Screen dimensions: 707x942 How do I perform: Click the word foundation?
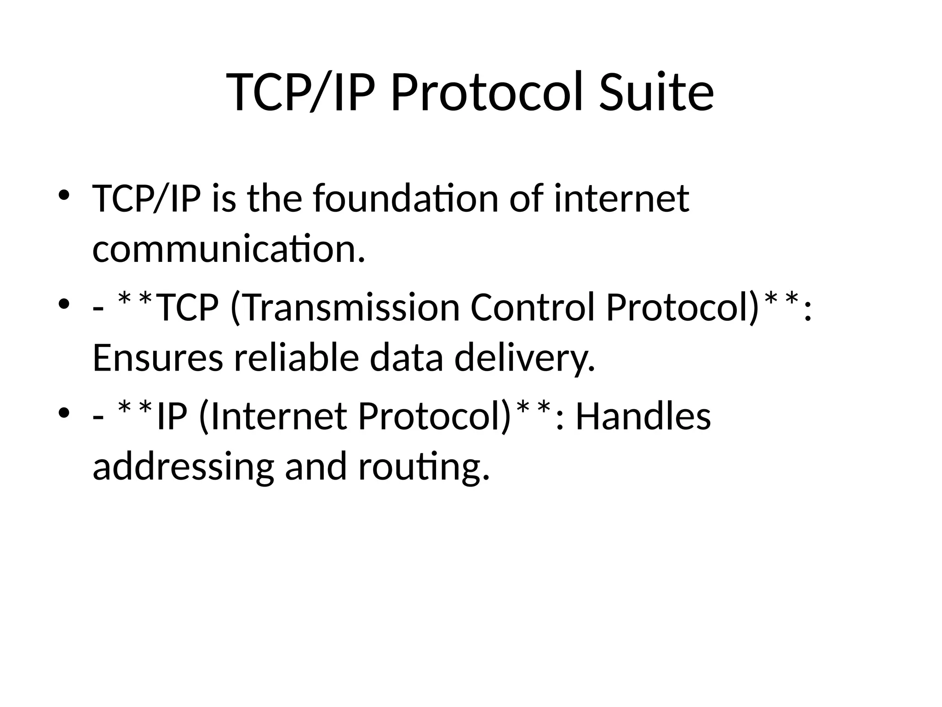pyautogui.click(x=406, y=199)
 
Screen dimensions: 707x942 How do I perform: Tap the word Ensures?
pyautogui.click(x=157, y=358)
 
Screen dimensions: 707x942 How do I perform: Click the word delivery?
pyautogui.click(x=524, y=359)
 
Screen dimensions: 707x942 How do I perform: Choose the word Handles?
pyautogui.click(x=643, y=417)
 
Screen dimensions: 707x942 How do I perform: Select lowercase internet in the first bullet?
pyautogui.click(x=621, y=199)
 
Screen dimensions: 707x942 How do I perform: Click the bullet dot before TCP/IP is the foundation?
pyautogui.click(x=64, y=194)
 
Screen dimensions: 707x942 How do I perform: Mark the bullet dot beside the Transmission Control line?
pyautogui.click(x=64, y=304)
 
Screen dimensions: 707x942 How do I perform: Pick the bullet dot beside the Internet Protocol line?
pyautogui.click(x=64, y=412)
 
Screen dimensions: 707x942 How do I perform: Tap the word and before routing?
pyautogui.click(x=316, y=466)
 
